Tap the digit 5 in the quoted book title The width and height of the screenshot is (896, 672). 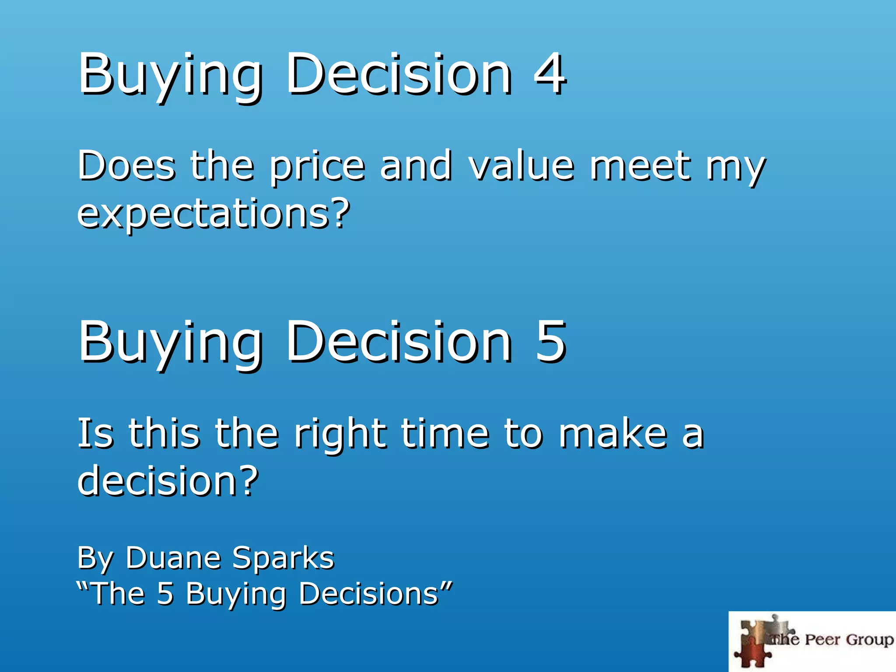coord(165,594)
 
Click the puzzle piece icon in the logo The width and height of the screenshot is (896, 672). coord(755,641)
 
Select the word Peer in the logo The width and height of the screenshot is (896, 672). coord(823,640)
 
